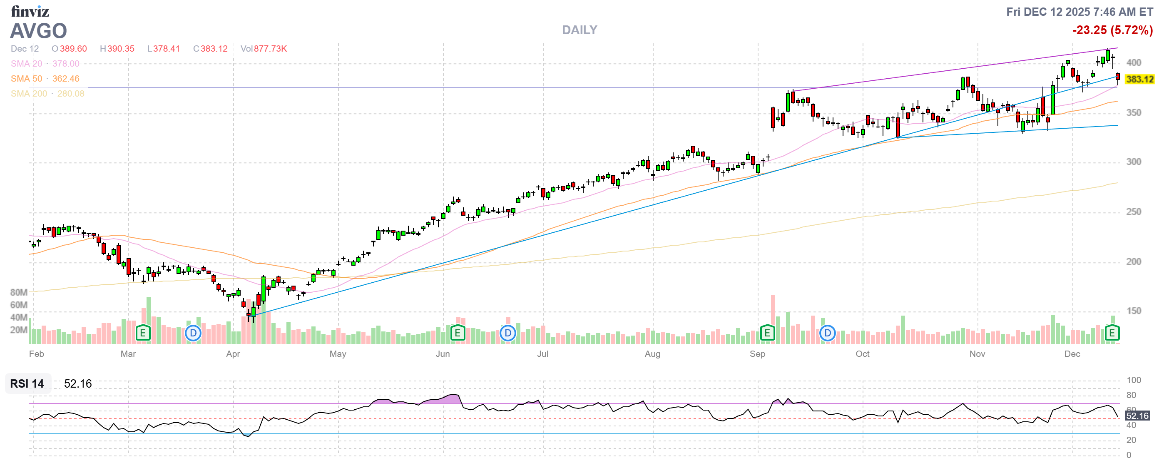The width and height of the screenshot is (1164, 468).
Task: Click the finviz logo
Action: point(30,11)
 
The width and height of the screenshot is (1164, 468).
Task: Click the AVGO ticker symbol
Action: point(38,31)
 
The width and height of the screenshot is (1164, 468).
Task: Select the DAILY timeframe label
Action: point(579,30)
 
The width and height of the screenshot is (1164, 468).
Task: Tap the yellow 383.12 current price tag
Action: point(1139,80)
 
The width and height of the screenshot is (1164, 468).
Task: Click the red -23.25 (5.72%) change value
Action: point(1112,30)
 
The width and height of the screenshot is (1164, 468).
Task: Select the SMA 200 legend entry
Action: point(47,94)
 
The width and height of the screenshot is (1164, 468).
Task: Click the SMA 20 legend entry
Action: point(45,64)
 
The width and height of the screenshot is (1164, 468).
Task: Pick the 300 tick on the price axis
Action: point(1133,162)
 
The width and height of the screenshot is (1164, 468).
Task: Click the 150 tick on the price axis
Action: point(1133,311)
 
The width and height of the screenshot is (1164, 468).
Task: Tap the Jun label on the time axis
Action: point(443,354)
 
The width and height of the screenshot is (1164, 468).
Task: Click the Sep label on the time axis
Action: point(757,354)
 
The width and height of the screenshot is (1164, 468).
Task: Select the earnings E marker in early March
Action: point(143,334)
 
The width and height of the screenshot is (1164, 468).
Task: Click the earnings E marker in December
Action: point(1112,334)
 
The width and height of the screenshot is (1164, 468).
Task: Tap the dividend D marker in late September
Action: point(827,334)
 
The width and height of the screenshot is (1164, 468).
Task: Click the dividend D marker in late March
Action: point(193,334)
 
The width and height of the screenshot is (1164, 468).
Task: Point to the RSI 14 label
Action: point(27,383)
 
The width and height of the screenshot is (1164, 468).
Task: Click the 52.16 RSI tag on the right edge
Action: point(1137,416)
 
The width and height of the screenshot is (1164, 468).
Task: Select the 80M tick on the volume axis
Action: point(19,292)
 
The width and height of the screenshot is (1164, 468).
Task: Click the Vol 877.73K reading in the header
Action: point(264,49)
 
